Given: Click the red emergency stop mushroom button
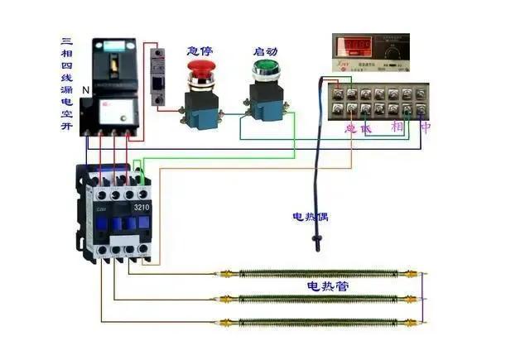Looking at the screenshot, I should [x=202, y=79].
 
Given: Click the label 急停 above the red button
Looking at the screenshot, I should [x=201, y=51].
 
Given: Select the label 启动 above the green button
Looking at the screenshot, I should [x=265, y=51].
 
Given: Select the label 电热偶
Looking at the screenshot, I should [x=311, y=217].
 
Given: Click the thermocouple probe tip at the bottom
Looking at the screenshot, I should [x=316, y=245].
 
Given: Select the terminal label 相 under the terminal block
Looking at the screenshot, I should [x=397, y=127].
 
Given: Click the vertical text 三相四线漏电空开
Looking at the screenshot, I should [x=67, y=82].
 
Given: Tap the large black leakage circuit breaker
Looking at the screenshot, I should [x=112, y=87].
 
